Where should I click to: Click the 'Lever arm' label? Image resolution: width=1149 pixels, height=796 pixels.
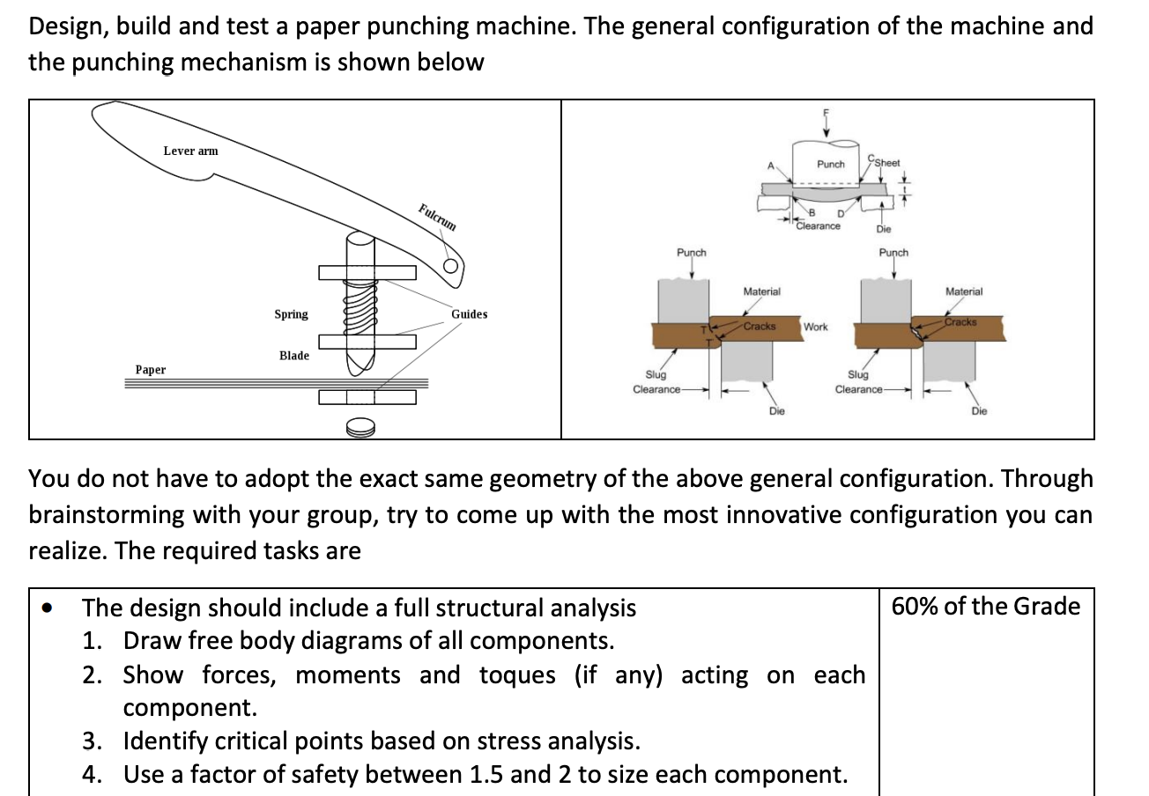click(190, 151)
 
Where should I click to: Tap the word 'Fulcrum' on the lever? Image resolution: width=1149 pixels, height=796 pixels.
click(438, 217)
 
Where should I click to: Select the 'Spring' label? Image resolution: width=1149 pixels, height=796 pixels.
click(291, 314)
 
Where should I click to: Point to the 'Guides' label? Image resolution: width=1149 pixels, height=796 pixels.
click(469, 314)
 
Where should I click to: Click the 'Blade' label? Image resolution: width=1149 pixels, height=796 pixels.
click(294, 356)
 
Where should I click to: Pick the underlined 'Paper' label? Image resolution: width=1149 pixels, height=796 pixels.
click(151, 370)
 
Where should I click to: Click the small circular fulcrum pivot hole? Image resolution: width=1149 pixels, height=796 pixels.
click(451, 267)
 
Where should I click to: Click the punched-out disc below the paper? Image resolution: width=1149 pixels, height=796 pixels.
click(361, 428)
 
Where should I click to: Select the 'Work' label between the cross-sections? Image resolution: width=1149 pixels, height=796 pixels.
click(815, 327)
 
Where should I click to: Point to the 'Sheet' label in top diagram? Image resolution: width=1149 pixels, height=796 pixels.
click(886, 162)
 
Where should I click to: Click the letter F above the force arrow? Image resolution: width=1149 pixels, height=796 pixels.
click(826, 112)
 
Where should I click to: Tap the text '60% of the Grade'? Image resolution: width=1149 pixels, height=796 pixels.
click(985, 606)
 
